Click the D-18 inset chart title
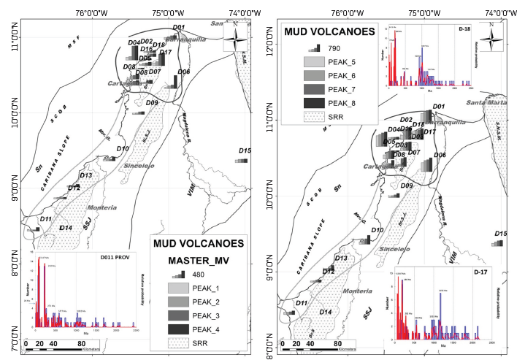pyautogui.click(x=465, y=29)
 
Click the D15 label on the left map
pyautogui.click(x=245, y=151)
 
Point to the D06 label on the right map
pyautogui.click(x=439, y=156)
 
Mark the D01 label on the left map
pyautogui.click(x=177, y=28)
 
